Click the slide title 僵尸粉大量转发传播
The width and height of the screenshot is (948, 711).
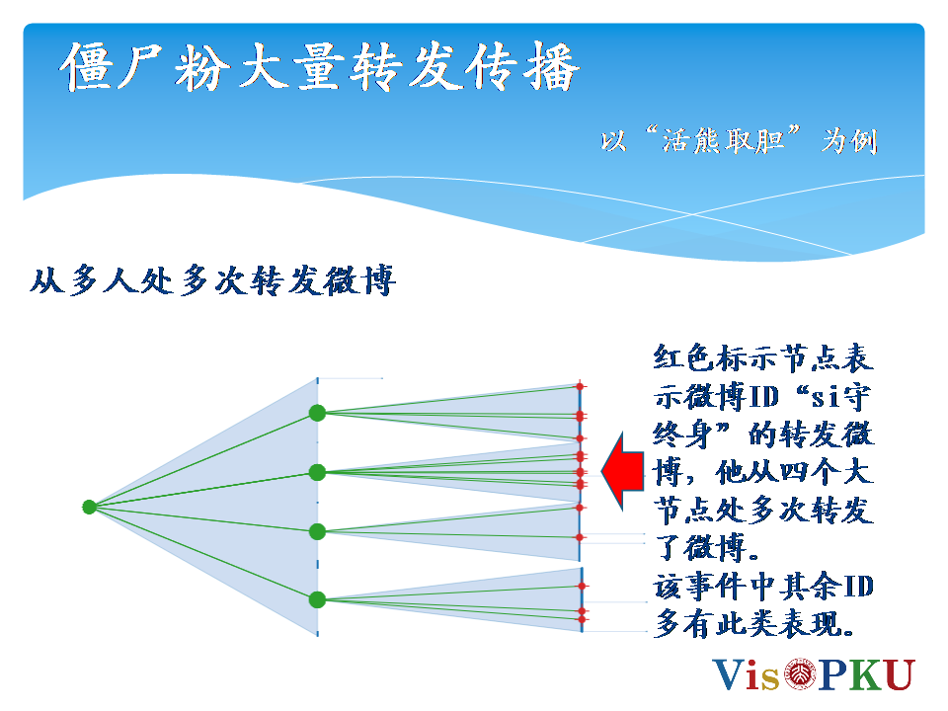pos(320,67)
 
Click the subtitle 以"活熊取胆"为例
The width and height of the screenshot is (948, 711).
pos(739,140)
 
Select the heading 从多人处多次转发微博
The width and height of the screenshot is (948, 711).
pos(213,280)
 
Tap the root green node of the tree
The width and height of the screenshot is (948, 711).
pos(89,507)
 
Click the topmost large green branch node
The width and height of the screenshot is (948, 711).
pos(317,413)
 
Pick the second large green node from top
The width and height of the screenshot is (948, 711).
pos(317,472)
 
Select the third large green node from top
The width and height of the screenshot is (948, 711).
pos(317,531)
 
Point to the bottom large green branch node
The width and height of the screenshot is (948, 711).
pos(317,599)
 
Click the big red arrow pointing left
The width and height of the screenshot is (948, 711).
pos(622,471)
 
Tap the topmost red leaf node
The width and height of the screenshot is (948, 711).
pos(580,386)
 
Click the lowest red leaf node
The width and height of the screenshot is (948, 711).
pos(582,619)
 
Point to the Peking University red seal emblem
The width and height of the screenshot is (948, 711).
pos(800,673)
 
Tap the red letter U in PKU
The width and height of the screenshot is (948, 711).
pos(899,674)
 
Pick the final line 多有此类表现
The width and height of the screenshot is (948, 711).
pos(754,623)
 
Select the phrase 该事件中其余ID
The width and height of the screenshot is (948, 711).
pos(763,586)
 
